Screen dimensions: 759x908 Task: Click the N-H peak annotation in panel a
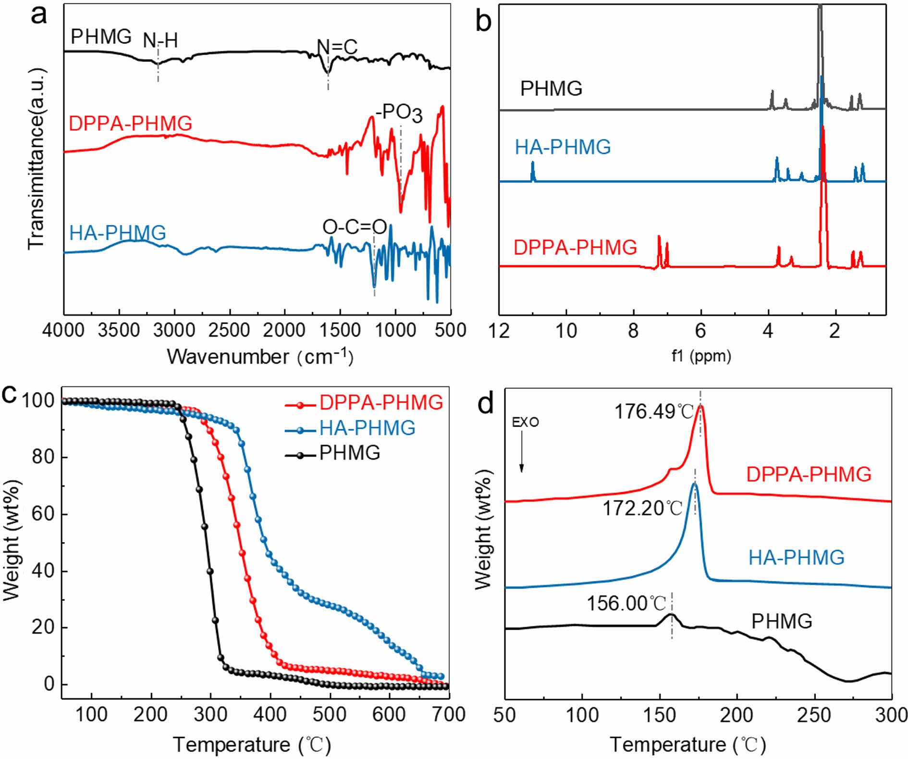tap(160, 41)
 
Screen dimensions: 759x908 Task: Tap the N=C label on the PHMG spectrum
tap(337, 47)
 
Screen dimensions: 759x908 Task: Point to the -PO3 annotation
tap(399, 113)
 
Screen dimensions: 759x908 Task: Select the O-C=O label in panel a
tap(355, 227)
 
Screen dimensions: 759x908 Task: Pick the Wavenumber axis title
tap(260, 357)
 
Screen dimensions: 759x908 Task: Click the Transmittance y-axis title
tap(37, 159)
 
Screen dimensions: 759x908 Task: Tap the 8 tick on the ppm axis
tap(633, 330)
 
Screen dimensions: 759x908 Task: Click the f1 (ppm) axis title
tap(701, 356)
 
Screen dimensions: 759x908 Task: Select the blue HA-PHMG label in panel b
tap(563, 147)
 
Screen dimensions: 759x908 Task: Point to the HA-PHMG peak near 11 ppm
tap(532, 171)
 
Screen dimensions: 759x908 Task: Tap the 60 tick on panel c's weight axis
tap(43, 513)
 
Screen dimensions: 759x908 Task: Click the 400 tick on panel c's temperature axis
tap(270, 715)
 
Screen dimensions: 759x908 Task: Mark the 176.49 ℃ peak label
tap(654, 412)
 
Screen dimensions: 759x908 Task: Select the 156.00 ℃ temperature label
tap(626, 603)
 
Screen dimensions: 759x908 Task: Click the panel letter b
tap(483, 22)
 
